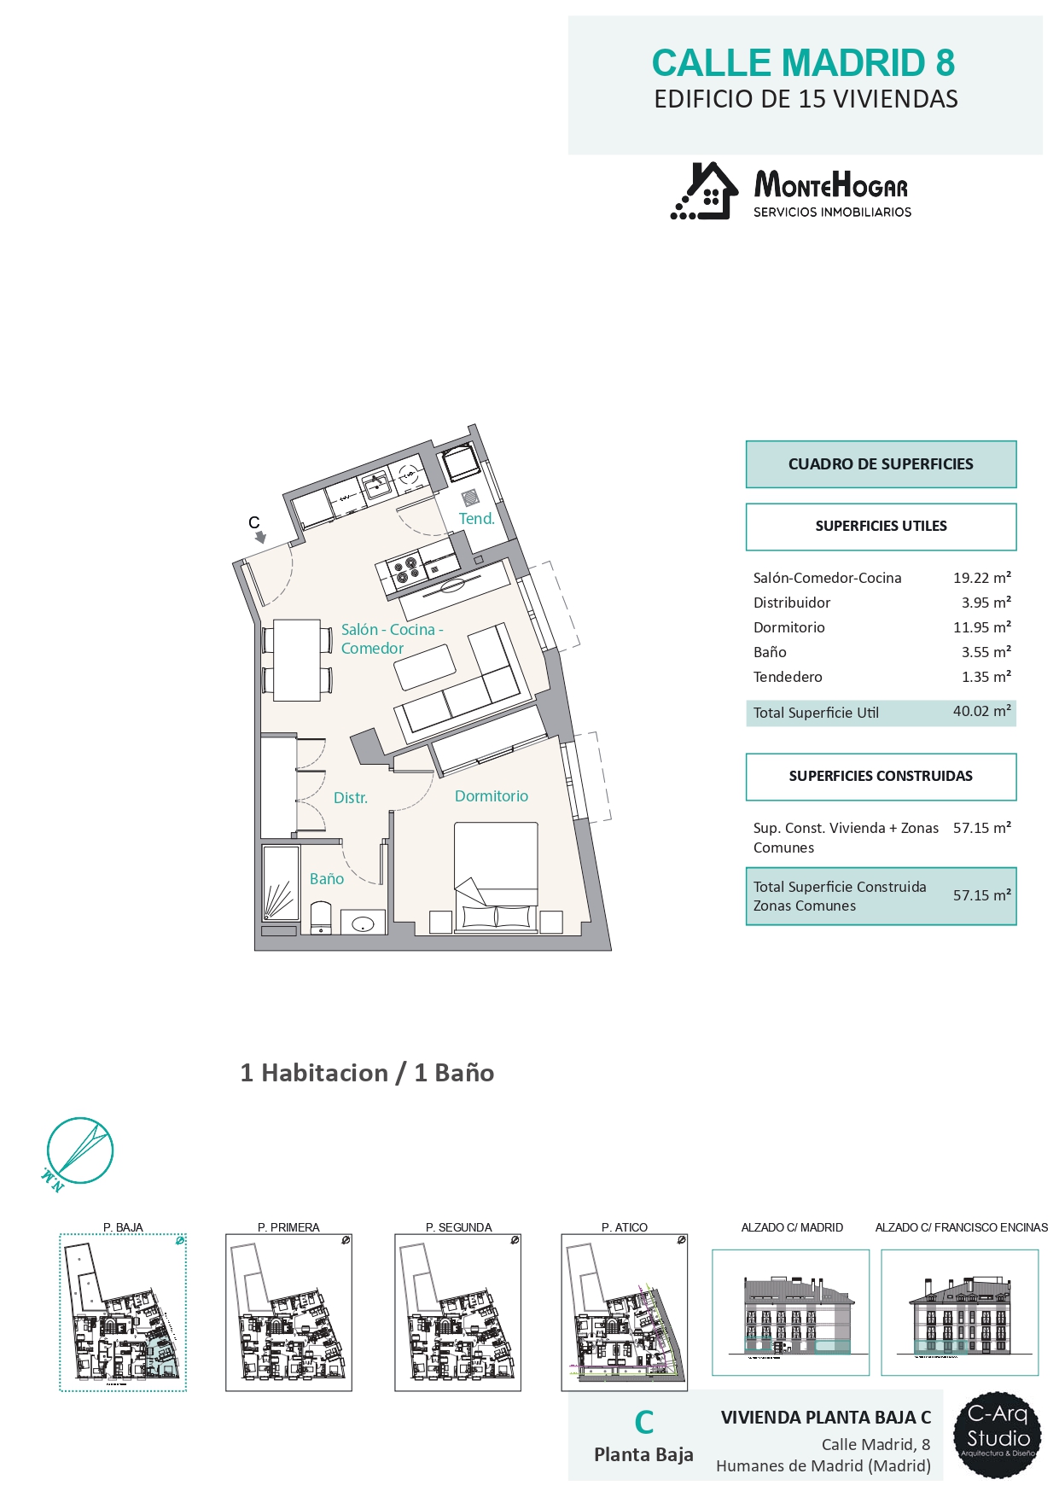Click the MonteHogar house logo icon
[705, 191]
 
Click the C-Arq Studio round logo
[998, 1436]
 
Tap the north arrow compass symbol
[79, 1151]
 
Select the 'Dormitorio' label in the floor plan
[492, 796]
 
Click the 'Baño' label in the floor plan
[327, 879]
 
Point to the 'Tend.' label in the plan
[477, 519]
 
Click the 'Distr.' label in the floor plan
[351, 798]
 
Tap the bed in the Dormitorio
[496, 877]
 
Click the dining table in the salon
[297, 661]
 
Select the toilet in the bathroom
[321, 918]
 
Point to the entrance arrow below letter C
[260, 538]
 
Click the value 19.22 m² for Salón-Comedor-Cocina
[982, 578]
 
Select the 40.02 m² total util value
[982, 711]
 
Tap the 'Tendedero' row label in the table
[788, 677]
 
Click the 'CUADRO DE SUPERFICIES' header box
[882, 464]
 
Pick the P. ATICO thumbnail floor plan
[625, 1313]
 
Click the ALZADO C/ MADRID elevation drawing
[791, 1313]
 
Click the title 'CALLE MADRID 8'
[803, 63]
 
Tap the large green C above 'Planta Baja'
[644, 1423]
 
